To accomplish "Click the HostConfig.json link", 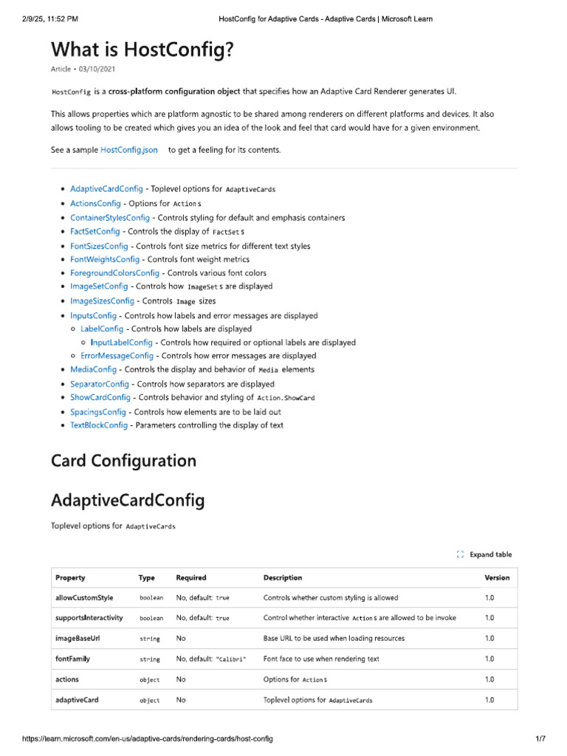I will coord(128,150).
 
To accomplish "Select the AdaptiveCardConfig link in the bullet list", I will coord(106,189).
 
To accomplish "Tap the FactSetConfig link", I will coord(94,231).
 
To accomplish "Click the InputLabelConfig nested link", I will coord(121,343).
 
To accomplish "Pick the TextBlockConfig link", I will coord(98,425).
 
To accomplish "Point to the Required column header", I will coord(191,577).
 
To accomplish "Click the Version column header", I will coord(497,577).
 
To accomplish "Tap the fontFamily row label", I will coord(73,659).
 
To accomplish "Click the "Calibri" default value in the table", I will coord(231,659).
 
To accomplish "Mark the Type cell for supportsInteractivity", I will coord(151,618).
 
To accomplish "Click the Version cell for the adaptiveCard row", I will coord(489,699).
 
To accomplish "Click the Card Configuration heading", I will coord(123,461).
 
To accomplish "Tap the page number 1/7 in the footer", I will coord(540,739).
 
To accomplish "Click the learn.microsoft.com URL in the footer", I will coord(147,739).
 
